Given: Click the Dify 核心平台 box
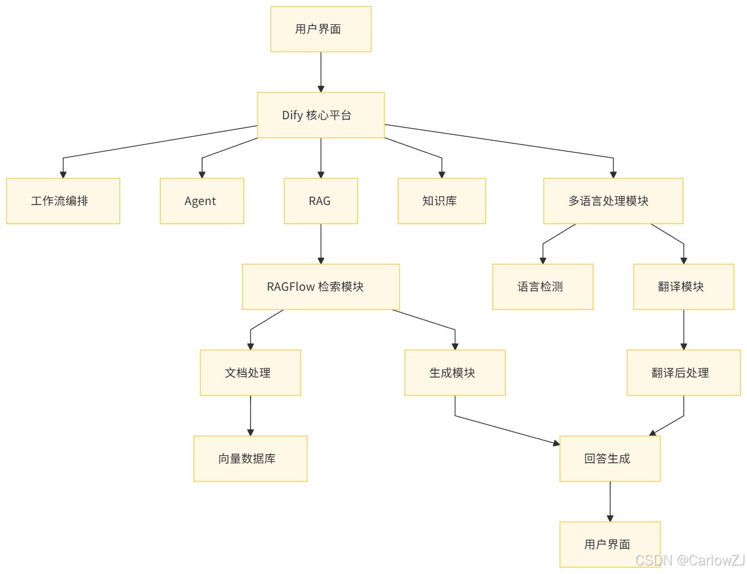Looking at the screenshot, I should click(x=321, y=115).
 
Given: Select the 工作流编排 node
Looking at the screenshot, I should click(x=63, y=201).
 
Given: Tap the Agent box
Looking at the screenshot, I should click(x=202, y=201).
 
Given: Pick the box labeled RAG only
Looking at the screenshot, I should click(x=321, y=201).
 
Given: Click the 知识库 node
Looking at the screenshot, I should click(x=442, y=201).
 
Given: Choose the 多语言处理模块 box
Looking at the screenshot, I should click(x=613, y=201).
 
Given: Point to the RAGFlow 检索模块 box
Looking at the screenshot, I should click(x=320, y=286).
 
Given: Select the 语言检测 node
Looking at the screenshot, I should click(x=543, y=286).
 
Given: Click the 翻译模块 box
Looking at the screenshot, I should click(x=684, y=286).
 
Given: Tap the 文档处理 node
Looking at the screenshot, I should click(x=250, y=373).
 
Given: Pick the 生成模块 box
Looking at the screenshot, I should click(x=455, y=373).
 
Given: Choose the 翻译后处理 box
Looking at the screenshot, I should click(x=684, y=373).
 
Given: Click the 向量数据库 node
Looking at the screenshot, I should click(x=250, y=458).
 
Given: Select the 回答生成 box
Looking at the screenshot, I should click(x=610, y=458).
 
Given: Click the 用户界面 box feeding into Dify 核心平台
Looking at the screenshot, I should click(x=321, y=29).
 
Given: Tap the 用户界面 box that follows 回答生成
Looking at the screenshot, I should click(x=610, y=544).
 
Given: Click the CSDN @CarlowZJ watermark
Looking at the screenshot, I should click(x=690, y=560).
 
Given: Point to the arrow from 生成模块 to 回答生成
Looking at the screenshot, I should click(x=505, y=429).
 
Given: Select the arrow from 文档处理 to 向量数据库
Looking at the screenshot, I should click(x=251, y=415).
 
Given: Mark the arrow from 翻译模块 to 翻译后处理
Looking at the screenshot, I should click(x=684, y=330).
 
